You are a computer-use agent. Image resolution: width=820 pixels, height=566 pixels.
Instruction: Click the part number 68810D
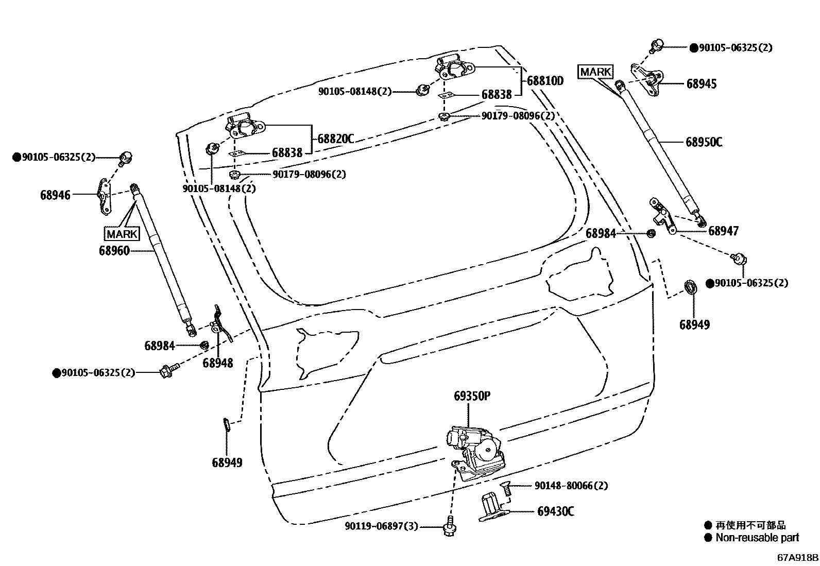pyautogui.click(x=545, y=81)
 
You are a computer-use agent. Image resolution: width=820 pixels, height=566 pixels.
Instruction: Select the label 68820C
pyautogui.click(x=335, y=139)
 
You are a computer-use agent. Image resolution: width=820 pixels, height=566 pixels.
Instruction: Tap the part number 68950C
pyautogui.click(x=704, y=142)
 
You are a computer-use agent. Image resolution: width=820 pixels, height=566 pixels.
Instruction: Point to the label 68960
pyautogui.click(x=114, y=251)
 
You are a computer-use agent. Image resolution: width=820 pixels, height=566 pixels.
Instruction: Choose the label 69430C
pyautogui.click(x=555, y=511)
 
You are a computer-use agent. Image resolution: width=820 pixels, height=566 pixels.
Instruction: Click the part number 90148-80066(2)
pyautogui.click(x=571, y=486)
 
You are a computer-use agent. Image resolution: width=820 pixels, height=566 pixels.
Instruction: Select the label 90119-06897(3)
pyautogui.click(x=382, y=526)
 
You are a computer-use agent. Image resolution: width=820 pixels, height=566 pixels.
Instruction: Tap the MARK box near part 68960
pyautogui.click(x=122, y=234)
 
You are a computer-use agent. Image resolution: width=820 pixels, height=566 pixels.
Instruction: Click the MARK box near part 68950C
pyautogui.click(x=595, y=72)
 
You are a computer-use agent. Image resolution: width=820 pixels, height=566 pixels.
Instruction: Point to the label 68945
pyautogui.click(x=701, y=84)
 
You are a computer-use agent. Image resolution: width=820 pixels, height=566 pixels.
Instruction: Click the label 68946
pyautogui.click(x=56, y=195)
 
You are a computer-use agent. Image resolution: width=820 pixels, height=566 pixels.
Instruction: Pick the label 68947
pyautogui.click(x=723, y=231)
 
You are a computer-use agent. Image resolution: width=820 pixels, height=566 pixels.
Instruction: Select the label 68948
pyautogui.click(x=217, y=363)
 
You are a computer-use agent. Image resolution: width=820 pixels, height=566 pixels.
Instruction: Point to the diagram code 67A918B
pyautogui.click(x=798, y=558)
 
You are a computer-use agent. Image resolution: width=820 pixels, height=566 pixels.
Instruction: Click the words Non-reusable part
pyautogui.click(x=757, y=538)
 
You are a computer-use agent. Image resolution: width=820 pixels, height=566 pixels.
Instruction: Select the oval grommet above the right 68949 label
pyautogui.click(x=690, y=286)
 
